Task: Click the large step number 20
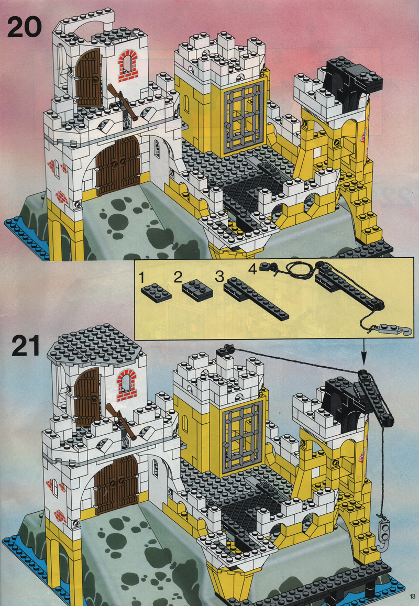tap(24, 27)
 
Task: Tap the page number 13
tap(412, 596)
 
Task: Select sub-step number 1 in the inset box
tap(142, 277)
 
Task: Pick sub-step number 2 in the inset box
tap(178, 277)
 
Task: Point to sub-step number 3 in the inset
tap(219, 277)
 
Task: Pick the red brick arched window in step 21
tap(126, 385)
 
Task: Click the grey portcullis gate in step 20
tap(242, 117)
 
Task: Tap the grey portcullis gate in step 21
tap(242, 437)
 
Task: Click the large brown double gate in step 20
tap(118, 166)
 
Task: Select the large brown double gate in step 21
tap(117, 484)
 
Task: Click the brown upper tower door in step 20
tap(88, 78)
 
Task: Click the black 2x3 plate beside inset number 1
tap(156, 293)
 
